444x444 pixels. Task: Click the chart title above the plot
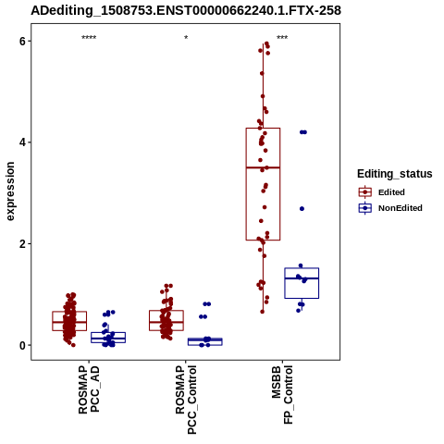pyautogui.click(x=186, y=11)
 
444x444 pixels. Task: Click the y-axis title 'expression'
pyautogui.click(x=10, y=191)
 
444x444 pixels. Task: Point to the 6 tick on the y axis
pyautogui.click(x=22, y=41)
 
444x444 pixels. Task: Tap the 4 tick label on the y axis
pyautogui.click(x=22, y=142)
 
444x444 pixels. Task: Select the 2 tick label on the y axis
pyautogui.click(x=22, y=244)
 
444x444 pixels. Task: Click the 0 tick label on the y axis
pyautogui.click(x=22, y=345)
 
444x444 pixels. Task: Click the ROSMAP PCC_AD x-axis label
pyautogui.click(x=89, y=389)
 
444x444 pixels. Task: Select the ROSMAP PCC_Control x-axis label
pyautogui.click(x=186, y=400)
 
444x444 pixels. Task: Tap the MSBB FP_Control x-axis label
pyautogui.click(x=282, y=395)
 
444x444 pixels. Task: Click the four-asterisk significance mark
pyautogui.click(x=89, y=38)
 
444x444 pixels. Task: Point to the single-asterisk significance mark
pyautogui.click(x=186, y=38)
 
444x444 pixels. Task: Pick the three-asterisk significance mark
pyautogui.click(x=282, y=38)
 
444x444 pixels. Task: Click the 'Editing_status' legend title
pyautogui.click(x=395, y=174)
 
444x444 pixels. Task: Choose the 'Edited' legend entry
pyautogui.click(x=391, y=192)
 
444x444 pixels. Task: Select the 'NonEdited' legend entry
pyautogui.click(x=401, y=208)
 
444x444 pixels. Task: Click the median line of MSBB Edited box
pyautogui.click(x=263, y=167)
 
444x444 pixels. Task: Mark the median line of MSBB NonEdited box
pyautogui.click(x=302, y=278)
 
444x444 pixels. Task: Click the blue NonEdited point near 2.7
pyautogui.click(x=302, y=209)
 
